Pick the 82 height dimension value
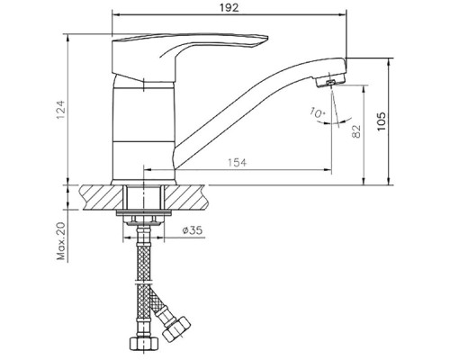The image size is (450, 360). click(355, 131)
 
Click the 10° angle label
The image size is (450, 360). click(315, 112)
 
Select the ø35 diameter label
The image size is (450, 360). click(191, 230)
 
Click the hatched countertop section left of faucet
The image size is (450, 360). click(98, 193)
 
